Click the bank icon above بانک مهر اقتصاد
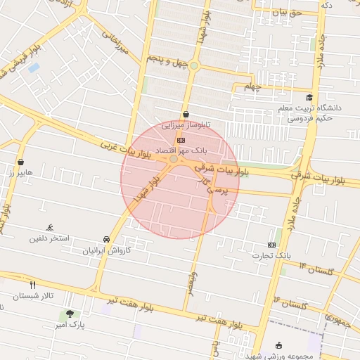pyautogui.click(x=181, y=140)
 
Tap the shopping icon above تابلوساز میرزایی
pyautogui.click(x=186, y=114)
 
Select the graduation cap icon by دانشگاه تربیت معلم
pyautogui.click(x=309, y=98)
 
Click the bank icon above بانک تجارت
pyautogui.click(x=272, y=243)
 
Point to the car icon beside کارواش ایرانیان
pyautogui.click(x=106, y=238)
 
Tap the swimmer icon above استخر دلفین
pyautogui.click(x=49, y=228)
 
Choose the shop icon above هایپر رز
pyautogui.click(x=20, y=162)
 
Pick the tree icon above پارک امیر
pyautogui.click(x=69, y=314)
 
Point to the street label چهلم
pyautogui.click(x=252, y=86)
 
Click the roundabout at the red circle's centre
pyautogui.click(x=174, y=160)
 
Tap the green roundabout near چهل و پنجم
pyautogui.click(x=194, y=66)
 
